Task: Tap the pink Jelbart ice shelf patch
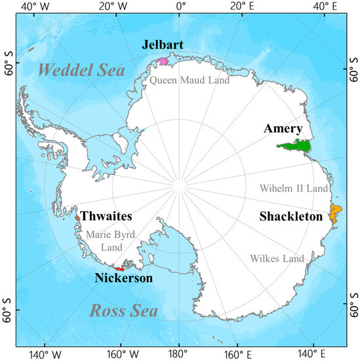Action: point(163,62)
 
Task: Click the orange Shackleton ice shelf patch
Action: point(334,213)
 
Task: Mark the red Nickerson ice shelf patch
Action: point(120,268)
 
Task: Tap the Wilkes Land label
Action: point(277,258)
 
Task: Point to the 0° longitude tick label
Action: point(181,7)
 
